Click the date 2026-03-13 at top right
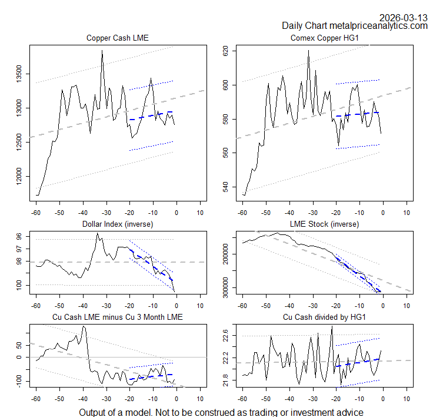point(404,17)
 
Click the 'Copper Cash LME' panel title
point(118,38)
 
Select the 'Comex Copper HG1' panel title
point(324,38)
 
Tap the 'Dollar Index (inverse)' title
point(118,224)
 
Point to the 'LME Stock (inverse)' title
point(324,224)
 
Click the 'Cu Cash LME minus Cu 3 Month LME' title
point(118,317)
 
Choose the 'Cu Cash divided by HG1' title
point(324,317)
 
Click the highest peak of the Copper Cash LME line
point(102,51)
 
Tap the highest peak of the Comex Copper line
point(308,50)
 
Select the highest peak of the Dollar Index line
point(98,233)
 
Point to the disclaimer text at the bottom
point(221,412)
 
